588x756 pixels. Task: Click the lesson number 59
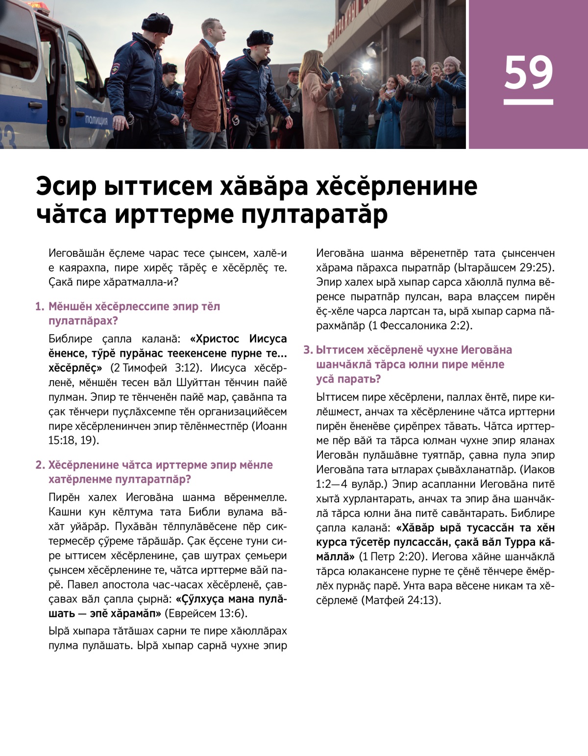(528, 73)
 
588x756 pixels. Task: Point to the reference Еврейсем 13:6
(206, 613)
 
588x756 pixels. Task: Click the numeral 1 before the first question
(39, 307)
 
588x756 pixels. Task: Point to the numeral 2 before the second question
(39, 465)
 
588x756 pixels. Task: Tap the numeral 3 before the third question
(307, 350)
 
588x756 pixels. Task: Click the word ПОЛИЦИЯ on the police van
(96, 121)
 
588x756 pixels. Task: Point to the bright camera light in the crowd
(366, 66)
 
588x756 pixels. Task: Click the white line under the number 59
(528, 102)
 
